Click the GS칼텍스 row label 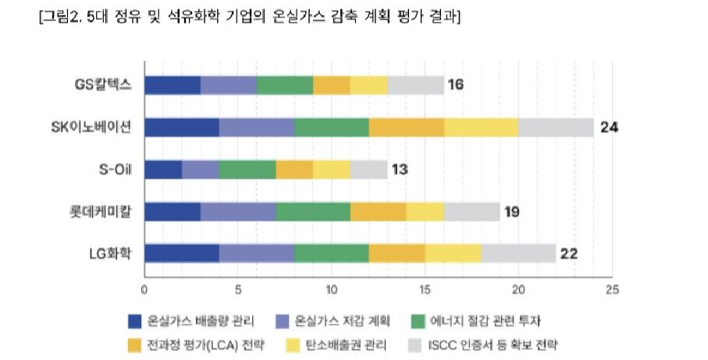click(x=98, y=85)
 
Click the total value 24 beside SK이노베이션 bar click(x=609, y=127)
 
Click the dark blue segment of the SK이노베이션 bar click(x=182, y=127)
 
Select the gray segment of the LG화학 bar click(x=518, y=254)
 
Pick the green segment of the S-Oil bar click(x=247, y=169)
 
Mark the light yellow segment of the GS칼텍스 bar click(x=369, y=85)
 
